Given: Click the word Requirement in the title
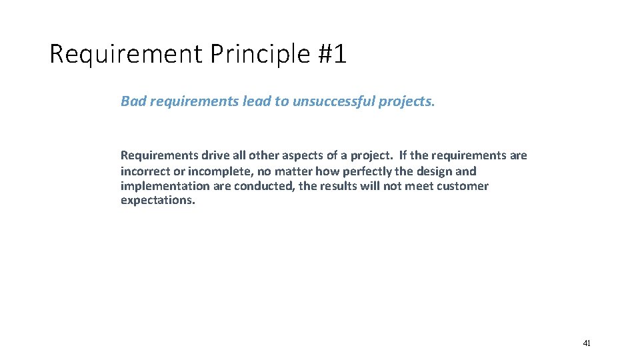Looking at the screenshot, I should [x=125, y=54].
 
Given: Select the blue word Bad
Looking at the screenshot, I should [x=133, y=101].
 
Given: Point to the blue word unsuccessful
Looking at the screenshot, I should [x=334, y=101].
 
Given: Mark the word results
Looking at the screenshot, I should [x=339, y=186].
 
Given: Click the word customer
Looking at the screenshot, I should [x=463, y=186].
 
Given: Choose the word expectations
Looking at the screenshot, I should [x=158, y=201].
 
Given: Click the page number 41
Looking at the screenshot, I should [x=587, y=343].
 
